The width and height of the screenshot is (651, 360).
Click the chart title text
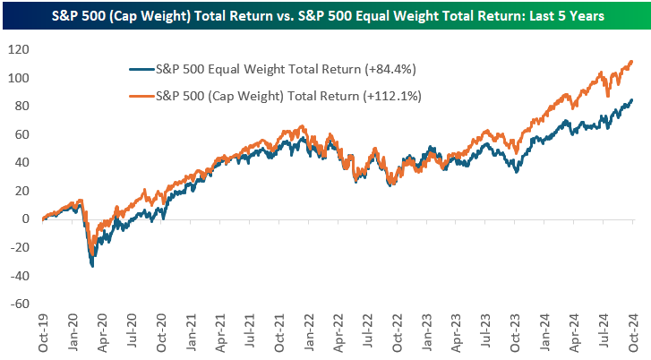325,15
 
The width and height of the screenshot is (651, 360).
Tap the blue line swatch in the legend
140,68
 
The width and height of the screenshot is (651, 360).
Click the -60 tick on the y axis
21,303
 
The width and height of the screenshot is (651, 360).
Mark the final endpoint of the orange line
632,62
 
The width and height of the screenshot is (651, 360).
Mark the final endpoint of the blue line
632,100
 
